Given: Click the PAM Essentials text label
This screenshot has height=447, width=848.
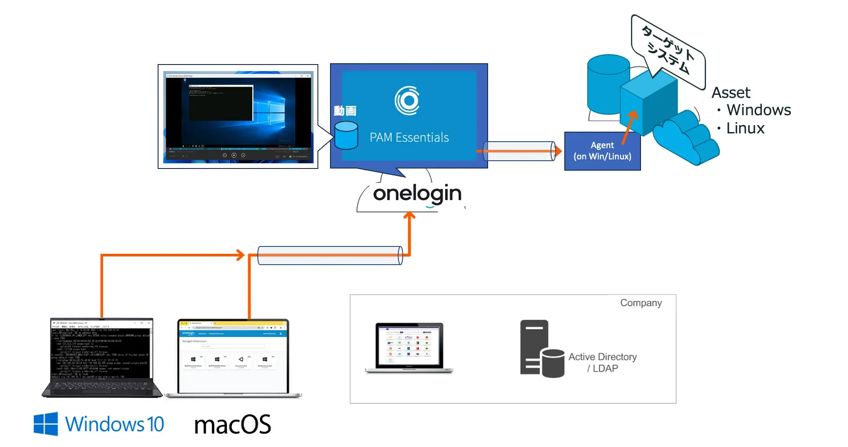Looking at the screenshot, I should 409,137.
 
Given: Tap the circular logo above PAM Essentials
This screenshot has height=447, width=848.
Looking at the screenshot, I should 407,101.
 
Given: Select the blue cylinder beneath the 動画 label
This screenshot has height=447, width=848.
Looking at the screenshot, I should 346,135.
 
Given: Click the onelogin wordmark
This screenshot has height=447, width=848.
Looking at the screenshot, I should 417,194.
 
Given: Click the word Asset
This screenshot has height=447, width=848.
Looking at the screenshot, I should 731,93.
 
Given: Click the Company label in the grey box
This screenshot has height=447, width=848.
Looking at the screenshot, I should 641,303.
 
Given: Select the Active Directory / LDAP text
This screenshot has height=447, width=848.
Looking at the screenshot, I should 602,363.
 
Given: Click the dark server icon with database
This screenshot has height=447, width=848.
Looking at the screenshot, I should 541,349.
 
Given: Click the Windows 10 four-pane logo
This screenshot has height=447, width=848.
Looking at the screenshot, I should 46,424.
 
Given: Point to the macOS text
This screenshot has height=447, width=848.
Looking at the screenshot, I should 233,424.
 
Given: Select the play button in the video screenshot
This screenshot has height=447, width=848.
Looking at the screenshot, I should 234,155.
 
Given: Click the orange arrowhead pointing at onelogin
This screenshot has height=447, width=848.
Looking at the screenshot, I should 409,215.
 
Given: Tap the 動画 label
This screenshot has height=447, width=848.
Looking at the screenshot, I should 345,111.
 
